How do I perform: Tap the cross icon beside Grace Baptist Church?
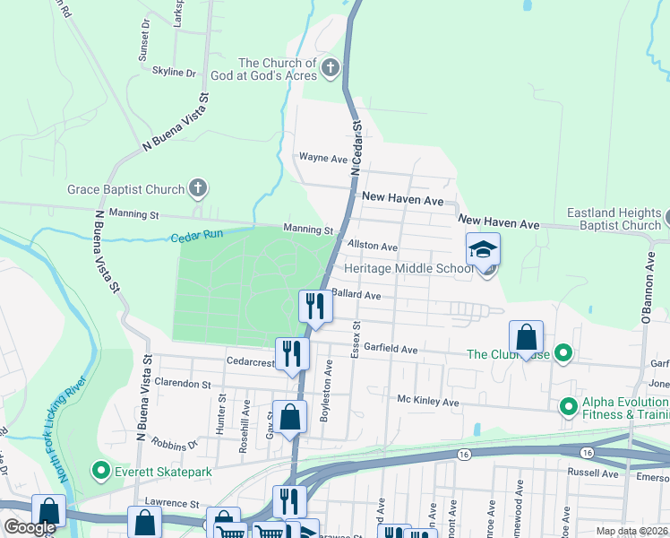click(x=198, y=189)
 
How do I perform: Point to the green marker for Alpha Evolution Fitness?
click(x=568, y=408)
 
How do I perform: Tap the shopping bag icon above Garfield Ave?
click(x=527, y=338)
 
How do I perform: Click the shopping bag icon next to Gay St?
click(x=289, y=418)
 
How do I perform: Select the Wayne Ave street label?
click(x=322, y=158)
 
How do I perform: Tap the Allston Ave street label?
click(x=372, y=246)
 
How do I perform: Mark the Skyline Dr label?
click(x=174, y=72)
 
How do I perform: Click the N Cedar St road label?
click(x=356, y=148)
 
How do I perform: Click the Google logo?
click(x=30, y=527)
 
